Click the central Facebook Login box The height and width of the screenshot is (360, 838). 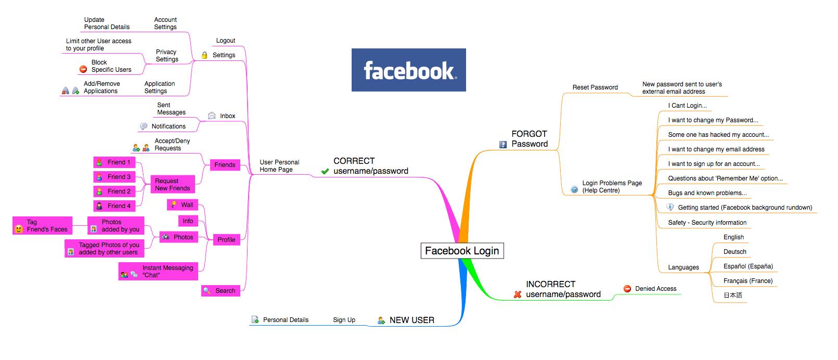(462, 251)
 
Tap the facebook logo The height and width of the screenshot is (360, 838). (408, 70)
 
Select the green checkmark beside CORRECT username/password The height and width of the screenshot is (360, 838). (325, 171)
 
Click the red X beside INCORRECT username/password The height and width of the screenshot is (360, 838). (518, 294)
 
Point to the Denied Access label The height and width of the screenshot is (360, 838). (655, 289)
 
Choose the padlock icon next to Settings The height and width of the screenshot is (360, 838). (204, 55)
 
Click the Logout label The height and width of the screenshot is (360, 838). (226, 41)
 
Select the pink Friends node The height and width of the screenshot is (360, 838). (225, 165)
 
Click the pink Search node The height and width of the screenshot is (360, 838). (221, 291)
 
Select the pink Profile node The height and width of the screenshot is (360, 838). (226, 240)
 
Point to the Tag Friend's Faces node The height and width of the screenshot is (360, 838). (42, 226)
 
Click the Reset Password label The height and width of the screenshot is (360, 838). (595, 87)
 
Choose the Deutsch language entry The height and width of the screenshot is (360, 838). (734, 252)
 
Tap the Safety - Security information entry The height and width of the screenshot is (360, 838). (707, 223)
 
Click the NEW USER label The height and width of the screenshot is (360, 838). (411, 320)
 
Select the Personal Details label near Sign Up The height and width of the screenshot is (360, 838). (286, 320)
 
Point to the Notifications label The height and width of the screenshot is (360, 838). (169, 126)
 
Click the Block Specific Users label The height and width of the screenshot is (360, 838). (111, 66)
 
